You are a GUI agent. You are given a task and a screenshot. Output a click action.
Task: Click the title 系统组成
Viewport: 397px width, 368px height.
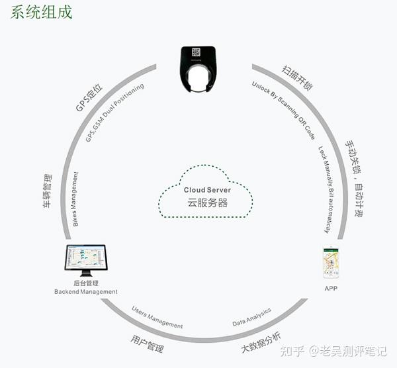coord(42,13)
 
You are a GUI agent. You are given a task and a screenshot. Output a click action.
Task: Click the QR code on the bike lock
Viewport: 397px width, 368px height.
coord(197,52)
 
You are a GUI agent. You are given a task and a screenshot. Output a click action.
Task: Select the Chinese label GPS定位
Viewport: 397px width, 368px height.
coord(89,97)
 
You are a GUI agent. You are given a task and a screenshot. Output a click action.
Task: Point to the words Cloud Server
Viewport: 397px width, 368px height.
coord(207,190)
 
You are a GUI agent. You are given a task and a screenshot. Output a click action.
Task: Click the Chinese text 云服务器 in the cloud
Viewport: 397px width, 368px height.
coord(207,203)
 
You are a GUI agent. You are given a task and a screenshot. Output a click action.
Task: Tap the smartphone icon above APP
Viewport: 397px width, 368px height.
coord(331,263)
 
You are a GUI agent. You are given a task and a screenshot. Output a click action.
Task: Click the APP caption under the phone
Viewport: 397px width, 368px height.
coord(331,289)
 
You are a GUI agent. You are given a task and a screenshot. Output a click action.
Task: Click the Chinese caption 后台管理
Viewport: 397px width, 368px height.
coord(86,283)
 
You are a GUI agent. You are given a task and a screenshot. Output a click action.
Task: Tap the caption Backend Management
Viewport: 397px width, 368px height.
coord(86,292)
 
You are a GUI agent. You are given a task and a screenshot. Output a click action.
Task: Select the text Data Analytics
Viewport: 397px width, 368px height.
coord(252,318)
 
